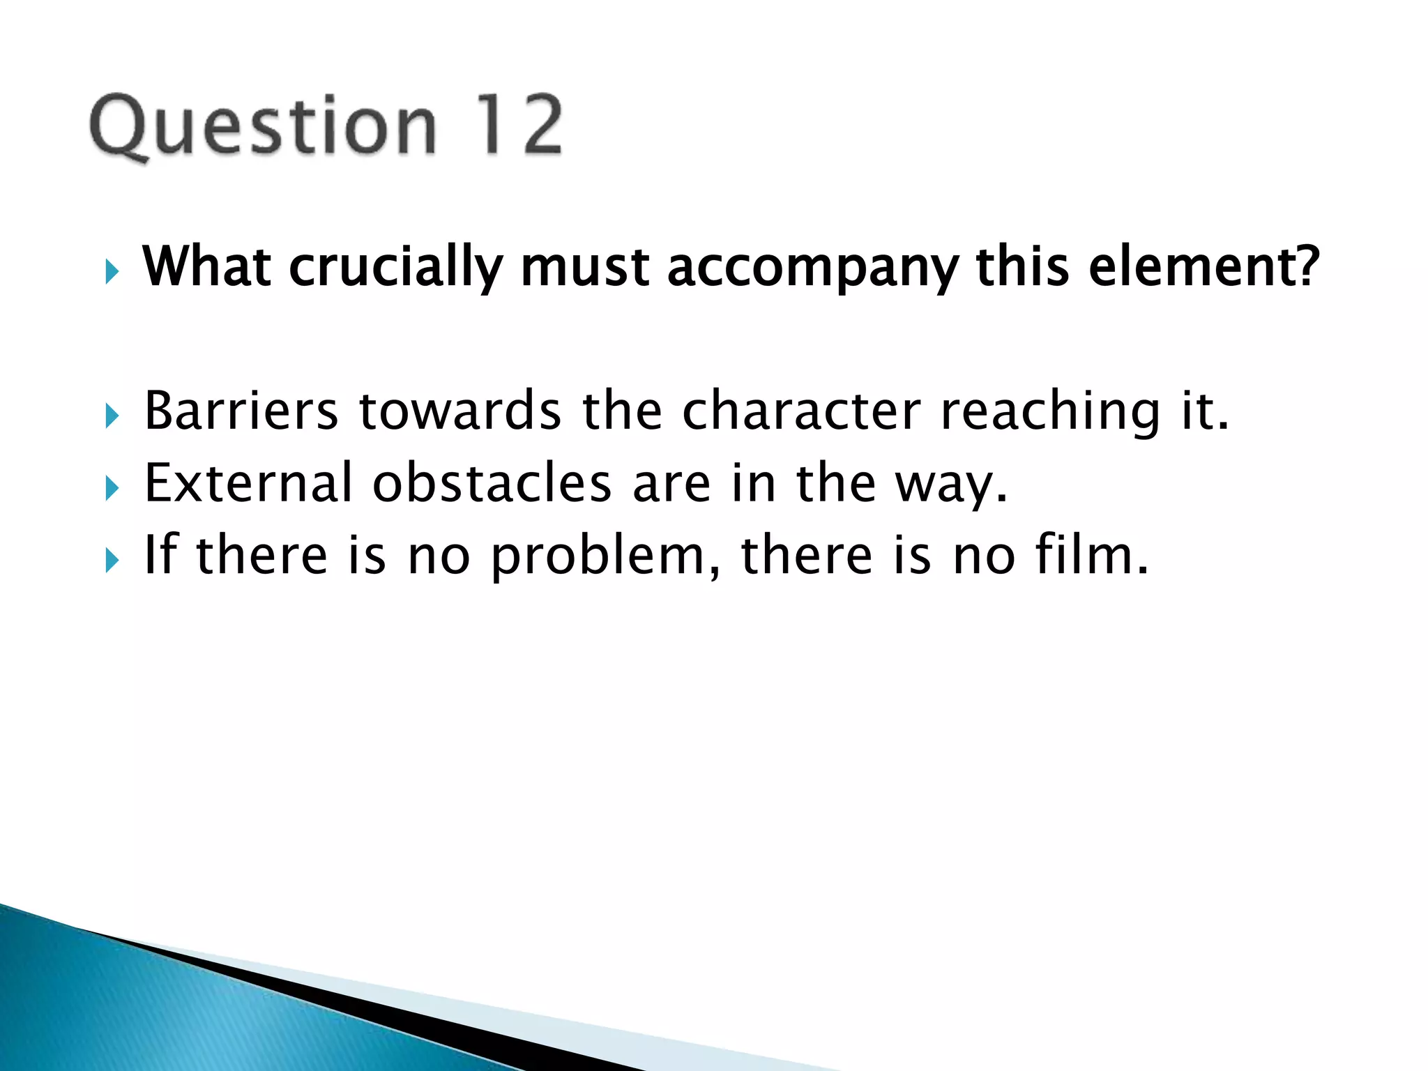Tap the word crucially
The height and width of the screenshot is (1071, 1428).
(396, 268)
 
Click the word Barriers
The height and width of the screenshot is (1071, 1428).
(241, 411)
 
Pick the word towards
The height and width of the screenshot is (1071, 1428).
(459, 411)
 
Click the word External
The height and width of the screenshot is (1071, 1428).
(248, 483)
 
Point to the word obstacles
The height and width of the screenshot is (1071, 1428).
(492, 483)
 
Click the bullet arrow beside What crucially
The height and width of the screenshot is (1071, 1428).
(112, 271)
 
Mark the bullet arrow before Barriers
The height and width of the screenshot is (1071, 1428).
(112, 416)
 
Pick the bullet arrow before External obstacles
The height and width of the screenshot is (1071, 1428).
(112, 488)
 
